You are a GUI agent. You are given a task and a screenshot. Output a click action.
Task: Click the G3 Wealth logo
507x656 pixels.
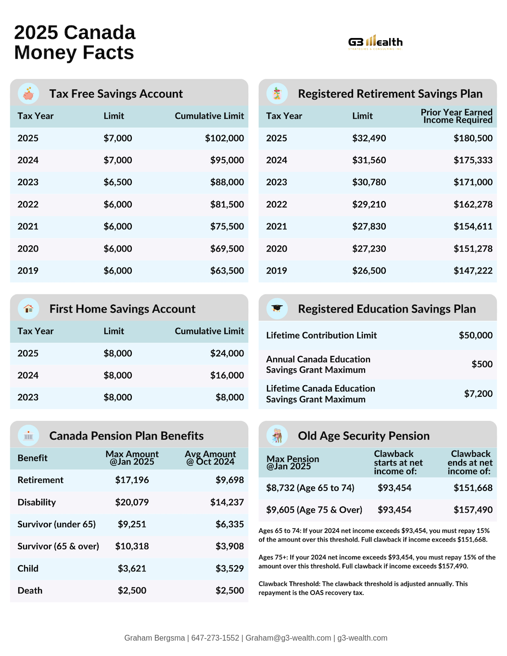pos(375,42)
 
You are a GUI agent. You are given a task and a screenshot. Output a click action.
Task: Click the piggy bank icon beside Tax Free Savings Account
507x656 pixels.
pos(28,94)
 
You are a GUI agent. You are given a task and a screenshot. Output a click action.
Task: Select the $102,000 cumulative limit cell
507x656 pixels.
pos(224,138)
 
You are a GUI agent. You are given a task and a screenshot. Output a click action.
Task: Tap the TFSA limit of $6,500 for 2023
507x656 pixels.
pos(118,182)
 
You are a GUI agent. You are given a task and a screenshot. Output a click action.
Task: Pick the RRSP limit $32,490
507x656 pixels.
pos(369,138)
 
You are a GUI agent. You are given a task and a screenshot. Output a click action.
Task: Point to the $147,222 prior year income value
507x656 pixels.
pos(473,271)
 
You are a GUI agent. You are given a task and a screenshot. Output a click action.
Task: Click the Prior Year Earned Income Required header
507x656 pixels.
pos(456,116)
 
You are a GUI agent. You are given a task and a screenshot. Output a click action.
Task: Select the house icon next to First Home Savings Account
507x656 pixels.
pos(28,309)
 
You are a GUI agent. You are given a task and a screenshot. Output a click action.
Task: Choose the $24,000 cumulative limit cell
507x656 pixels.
pos(227,353)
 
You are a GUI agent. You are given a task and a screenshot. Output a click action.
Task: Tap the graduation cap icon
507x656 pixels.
pos(277,309)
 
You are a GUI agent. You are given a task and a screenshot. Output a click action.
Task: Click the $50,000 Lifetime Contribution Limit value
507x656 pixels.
pos(475,335)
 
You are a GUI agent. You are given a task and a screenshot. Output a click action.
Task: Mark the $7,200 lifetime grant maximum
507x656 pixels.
pos(478,394)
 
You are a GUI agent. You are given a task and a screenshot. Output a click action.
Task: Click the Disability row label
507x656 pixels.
pos(37,502)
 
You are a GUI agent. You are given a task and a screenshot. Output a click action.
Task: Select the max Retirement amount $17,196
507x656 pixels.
pos(132,480)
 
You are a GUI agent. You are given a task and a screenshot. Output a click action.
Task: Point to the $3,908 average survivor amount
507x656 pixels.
pos(229,546)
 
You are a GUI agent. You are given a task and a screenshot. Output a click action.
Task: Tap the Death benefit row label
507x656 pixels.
pos(30,591)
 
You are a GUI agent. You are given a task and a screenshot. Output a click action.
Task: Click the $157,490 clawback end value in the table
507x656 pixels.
pos(473,510)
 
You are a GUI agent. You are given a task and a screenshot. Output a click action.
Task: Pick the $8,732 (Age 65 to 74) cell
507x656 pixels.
pos(310,488)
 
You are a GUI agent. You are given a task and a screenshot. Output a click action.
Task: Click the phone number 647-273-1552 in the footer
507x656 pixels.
pos(215,638)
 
